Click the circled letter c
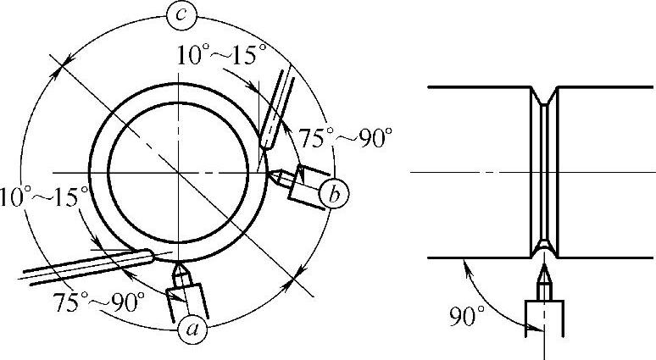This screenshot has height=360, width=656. (181, 16)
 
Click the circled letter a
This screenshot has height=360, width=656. (192, 329)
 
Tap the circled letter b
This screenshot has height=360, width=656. (334, 195)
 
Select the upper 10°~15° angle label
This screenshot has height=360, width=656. (221, 54)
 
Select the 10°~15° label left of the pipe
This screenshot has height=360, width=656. (45, 197)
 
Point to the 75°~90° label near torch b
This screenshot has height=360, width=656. (346, 137)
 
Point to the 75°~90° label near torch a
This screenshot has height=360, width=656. (98, 302)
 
